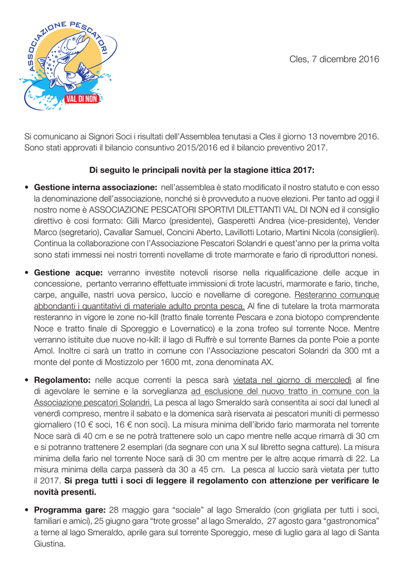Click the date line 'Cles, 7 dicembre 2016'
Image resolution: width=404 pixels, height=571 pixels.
tap(334, 59)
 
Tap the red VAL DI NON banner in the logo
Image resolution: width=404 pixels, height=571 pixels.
tap(82, 100)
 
